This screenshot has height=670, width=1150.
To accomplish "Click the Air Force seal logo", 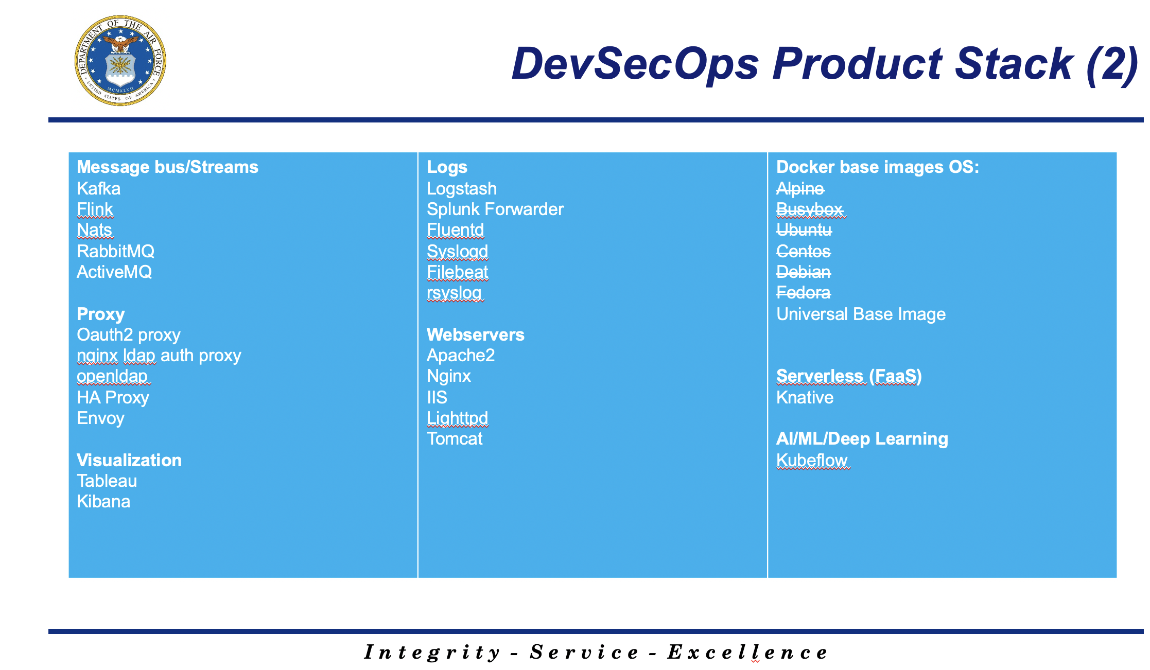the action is tap(120, 60).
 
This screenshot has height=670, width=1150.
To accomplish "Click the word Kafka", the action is tap(98, 188).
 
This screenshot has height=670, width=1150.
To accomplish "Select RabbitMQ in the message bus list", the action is tap(115, 251).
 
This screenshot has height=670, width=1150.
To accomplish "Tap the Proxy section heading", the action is tap(101, 314).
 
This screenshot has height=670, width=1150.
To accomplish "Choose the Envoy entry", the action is tap(100, 418).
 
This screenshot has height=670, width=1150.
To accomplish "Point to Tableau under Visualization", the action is tap(107, 481).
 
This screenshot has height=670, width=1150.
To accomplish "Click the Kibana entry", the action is tap(103, 501).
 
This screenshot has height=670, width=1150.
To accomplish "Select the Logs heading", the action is tap(447, 167).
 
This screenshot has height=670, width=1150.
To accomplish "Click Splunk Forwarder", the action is tap(495, 209).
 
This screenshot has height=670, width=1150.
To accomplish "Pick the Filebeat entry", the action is tap(457, 272).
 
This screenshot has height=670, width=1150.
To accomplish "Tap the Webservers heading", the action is tap(476, 334).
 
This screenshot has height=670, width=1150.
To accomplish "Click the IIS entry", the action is tap(437, 397).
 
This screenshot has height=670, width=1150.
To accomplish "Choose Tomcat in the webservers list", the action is tap(455, 438).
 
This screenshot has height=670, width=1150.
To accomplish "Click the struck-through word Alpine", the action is tap(800, 189).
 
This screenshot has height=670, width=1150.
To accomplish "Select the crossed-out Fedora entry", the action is tap(803, 292).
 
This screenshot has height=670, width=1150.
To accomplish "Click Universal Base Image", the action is tap(861, 314).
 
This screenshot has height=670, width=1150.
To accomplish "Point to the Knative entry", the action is tap(805, 397).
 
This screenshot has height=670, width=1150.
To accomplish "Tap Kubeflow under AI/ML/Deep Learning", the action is tap(812, 460).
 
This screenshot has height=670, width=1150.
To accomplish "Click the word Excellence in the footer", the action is tap(747, 652).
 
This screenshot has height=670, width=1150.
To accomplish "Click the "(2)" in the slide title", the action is tap(1112, 65).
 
